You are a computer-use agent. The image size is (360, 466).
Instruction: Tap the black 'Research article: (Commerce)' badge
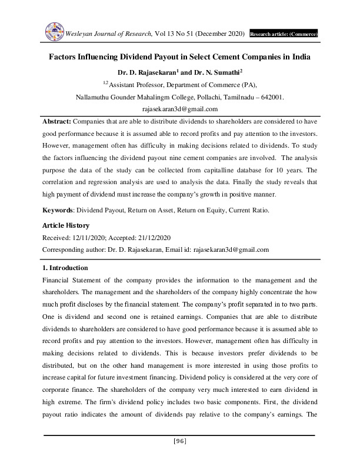pyautogui.click(x=284, y=34)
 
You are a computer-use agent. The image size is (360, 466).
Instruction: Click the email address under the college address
pyautogui.click(x=180, y=109)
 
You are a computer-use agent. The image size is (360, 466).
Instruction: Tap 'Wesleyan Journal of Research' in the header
pyautogui.click(x=108, y=34)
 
